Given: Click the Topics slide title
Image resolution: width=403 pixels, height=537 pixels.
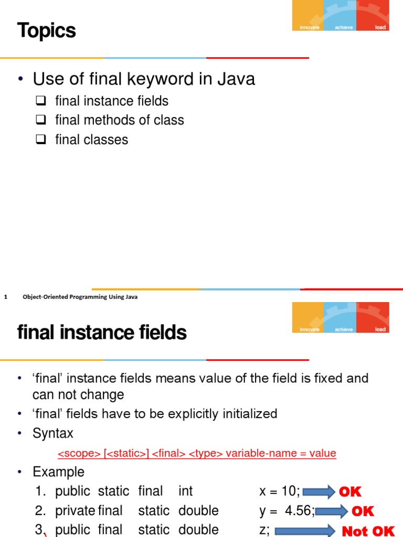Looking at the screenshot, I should (x=47, y=31).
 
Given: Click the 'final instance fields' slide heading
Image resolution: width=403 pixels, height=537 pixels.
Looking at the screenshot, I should (x=102, y=332).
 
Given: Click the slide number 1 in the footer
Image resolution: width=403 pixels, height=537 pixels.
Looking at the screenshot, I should (x=5, y=297).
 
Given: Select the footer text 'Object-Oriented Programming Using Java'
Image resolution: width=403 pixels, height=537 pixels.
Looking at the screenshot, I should (x=80, y=297).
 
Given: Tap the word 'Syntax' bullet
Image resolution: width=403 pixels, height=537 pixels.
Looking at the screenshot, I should (x=53, y=433).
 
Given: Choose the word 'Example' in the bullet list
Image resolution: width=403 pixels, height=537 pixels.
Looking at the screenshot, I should (x=58, y=472).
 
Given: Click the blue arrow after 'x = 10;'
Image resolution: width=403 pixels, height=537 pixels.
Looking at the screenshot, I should (x=319, y=492).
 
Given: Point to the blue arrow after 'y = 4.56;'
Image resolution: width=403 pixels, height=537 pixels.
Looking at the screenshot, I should (x=332, y=511).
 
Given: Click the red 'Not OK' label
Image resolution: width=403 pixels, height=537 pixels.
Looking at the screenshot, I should (x=368, y=531).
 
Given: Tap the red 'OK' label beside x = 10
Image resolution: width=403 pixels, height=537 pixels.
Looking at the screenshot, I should (x=350, y=492).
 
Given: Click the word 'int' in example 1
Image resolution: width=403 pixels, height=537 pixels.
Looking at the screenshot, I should (x=185, y=491).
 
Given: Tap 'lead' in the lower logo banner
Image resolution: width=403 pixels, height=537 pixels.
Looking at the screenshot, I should (x=380, y=329).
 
